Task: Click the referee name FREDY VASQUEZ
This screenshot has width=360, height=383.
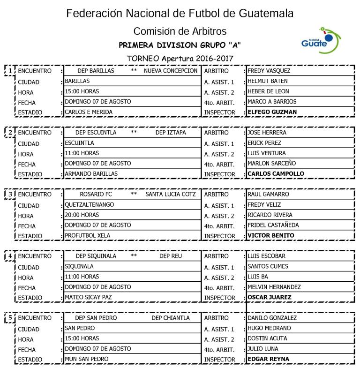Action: (x=269, y=71)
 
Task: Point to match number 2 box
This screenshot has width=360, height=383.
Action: (x=9, y=133)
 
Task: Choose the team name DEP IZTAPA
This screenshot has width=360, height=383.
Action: (x=170, y=133)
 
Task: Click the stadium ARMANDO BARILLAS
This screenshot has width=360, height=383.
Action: (x=91, y=174)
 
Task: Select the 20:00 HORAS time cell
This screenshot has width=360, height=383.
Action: (x=82, y=215)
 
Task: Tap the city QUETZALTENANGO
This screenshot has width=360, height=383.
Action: (x=90, y=204)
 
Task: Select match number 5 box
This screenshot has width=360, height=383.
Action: (x=9, y=318)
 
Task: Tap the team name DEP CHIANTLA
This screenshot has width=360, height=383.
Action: (x=171, y=318)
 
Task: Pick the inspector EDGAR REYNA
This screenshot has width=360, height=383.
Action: (x=268, y=359)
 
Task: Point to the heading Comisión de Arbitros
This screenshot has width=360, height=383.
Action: (x=180, y=31)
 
